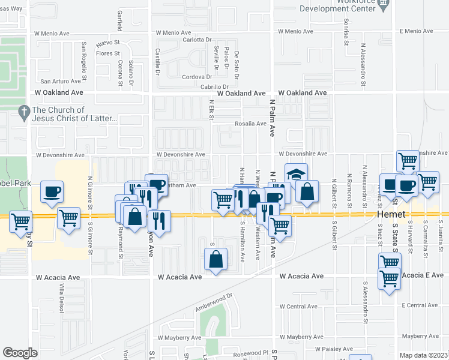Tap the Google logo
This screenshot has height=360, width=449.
pyautogui.click(x=20, y=353)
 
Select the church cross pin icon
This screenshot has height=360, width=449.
pyautogui.click(x=23, y=111)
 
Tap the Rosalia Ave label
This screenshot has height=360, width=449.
pyautogui.click(x=250, y=124)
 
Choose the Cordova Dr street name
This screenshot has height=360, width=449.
pyautogui.click(x=197, y=77)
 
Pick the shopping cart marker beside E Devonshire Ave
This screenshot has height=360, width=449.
pyautogui.click(x=408, y=160)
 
